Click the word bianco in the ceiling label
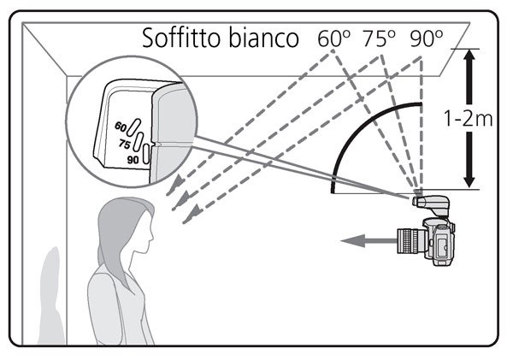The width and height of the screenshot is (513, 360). tap(267, 38)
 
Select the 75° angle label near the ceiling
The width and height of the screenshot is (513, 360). tap(379, 38)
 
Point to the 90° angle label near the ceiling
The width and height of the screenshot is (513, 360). tap(425, 38)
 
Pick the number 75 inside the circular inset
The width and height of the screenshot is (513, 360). tap(124, 145)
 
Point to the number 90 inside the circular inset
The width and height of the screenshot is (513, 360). tap(132, 160)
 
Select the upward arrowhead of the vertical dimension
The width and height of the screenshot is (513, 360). tap(469, 58)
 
